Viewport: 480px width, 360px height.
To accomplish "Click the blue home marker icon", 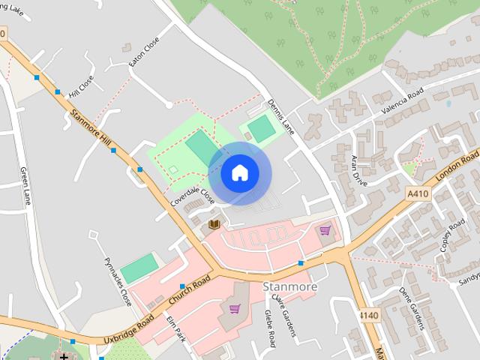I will point(239,172).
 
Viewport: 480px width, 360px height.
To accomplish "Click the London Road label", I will point(457,167).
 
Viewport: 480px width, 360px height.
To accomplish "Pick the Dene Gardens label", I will point(411,307).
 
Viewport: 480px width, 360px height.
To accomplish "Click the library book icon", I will point(214,223).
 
